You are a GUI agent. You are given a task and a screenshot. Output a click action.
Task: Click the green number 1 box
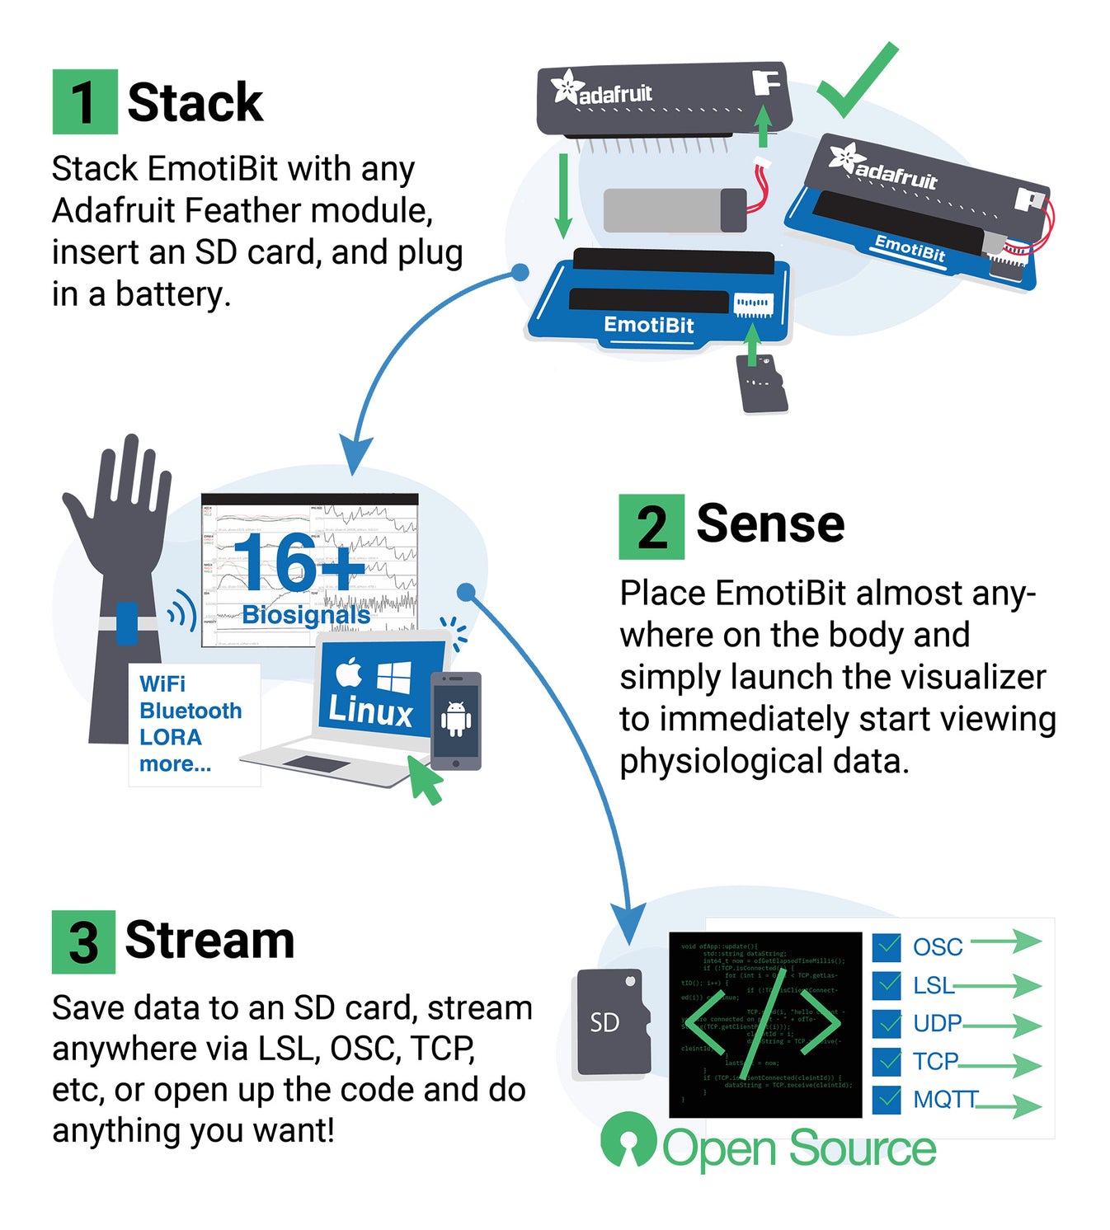[84, 102]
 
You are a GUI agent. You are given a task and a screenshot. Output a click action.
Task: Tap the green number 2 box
[651, 527]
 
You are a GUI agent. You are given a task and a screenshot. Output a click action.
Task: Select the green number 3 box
[83, 941]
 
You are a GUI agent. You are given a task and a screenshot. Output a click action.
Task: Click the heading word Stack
[195, 102]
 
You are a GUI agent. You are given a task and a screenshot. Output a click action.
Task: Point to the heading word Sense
[770, 523]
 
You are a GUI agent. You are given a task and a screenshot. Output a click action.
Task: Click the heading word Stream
[209, 940]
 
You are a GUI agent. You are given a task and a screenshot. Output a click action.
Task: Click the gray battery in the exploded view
[673, 210]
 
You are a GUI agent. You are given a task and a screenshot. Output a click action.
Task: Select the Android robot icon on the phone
[456, 718]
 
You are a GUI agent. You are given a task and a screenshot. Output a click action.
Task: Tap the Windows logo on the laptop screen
[393, 677]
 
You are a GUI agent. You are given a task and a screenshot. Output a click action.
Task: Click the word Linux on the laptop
[370, 711]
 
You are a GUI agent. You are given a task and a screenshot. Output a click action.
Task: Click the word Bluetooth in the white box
[190, 711]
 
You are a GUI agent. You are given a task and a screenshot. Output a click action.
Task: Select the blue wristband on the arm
[127, 623]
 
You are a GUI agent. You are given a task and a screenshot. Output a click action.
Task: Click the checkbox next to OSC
[887, 947]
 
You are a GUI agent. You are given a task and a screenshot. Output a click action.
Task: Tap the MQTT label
[945, 1099]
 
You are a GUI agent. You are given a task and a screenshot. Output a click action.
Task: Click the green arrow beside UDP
[1003, 1025]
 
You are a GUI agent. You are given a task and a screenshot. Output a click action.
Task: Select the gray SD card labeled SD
[609, 1022]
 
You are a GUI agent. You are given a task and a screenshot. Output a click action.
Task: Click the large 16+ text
[297, 562]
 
